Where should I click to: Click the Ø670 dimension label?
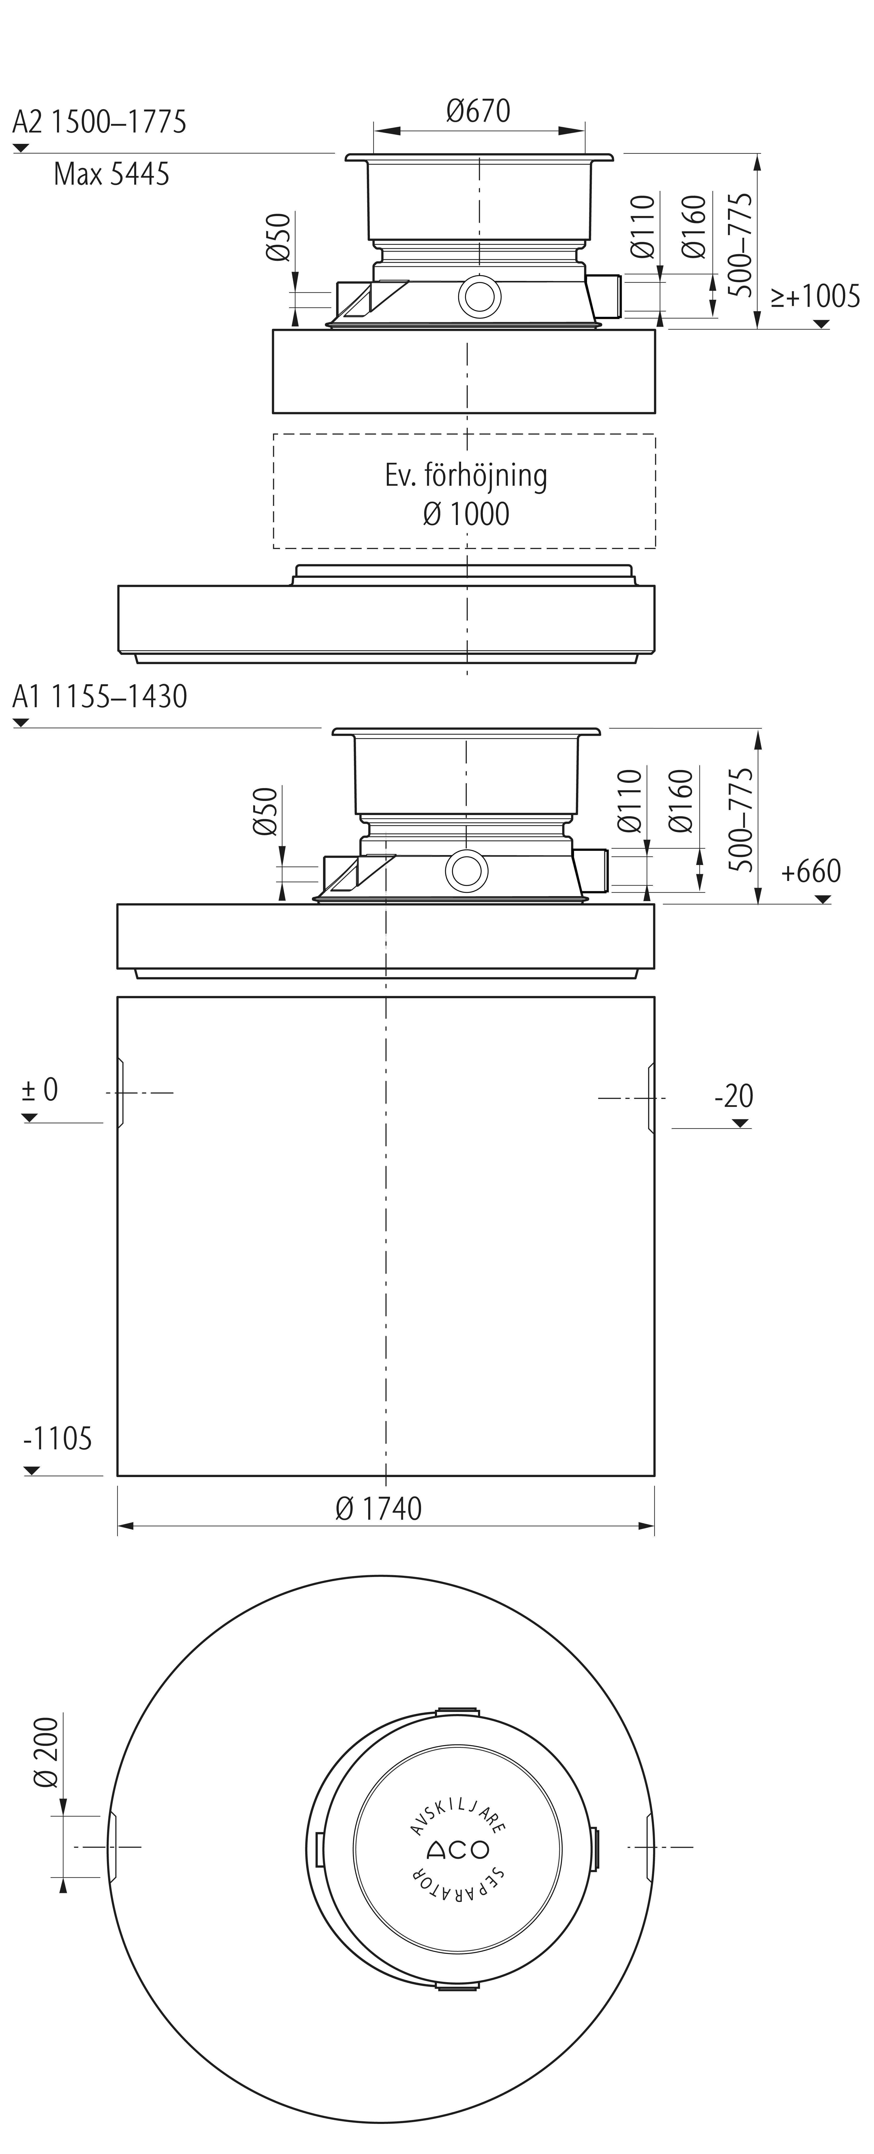point(478,110)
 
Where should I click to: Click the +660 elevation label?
point(810,871)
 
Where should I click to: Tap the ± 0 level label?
point(40,1089)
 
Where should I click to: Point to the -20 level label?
point(734,1095)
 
